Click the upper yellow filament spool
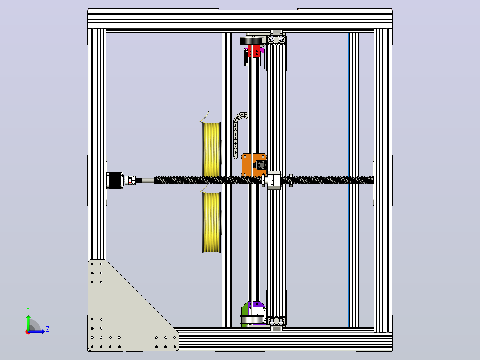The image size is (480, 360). (x=211, y=150)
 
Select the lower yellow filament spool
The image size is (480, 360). (x=211, y=223)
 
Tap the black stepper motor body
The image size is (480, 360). (x=115, y=180)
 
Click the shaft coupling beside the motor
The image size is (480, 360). (x=130, y=180)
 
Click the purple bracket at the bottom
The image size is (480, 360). (x=256, y=305)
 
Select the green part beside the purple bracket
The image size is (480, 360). (x=244, y=314)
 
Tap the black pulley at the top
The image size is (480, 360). (x=252, y=41)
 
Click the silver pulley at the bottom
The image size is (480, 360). (x=253, y=319)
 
